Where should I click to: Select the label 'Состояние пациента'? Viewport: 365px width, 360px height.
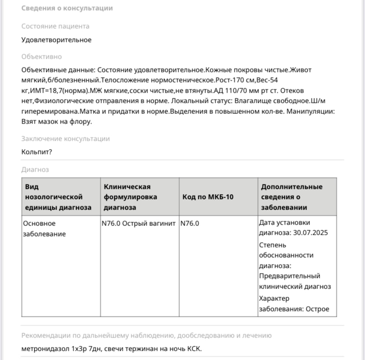(55, 26)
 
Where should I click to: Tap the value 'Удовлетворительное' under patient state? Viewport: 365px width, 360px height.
(56, 40)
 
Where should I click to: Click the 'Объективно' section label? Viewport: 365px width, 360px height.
(41, 56)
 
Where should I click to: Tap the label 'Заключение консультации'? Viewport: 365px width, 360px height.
(65, 139)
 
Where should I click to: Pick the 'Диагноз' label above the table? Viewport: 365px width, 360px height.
(35, 169)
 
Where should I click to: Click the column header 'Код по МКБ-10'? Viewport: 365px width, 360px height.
(208, 197)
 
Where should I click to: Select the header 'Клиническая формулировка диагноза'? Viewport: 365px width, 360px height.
(130, 197)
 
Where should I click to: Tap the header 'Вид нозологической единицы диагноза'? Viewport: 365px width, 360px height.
(58, 197)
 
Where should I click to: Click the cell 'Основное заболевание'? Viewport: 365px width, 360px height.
(44, 229)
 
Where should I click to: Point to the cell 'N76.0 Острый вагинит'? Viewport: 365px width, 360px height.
(138, 223)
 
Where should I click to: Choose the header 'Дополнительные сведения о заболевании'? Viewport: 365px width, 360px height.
(291, 197)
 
